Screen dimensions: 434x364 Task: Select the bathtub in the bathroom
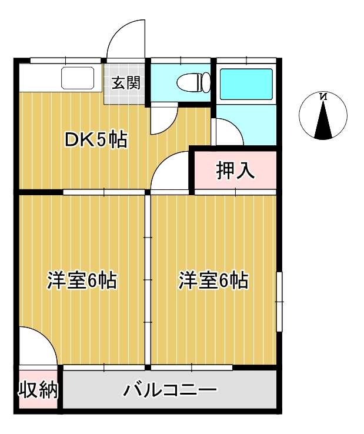coord(246,84)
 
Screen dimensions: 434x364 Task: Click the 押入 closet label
coord(235,171)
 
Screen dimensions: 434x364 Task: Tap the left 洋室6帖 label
coord(82,281)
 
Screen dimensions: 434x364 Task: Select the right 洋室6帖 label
coord(213,281)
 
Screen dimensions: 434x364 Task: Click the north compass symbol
coord(323,116)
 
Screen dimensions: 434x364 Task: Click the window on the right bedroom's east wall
coord(280,302)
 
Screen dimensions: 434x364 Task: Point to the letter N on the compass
coord(323,97)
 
